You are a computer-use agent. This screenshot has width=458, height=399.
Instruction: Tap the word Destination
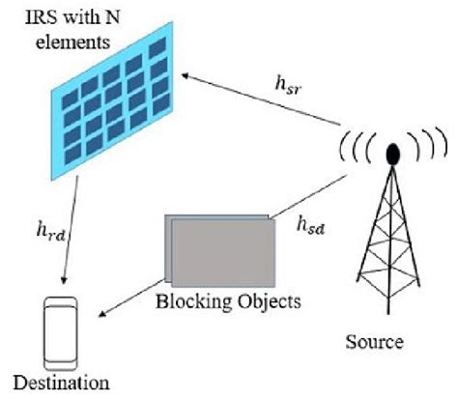pyautogui.click(x=56, y=382)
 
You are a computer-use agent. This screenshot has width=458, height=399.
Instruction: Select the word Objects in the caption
pyautogui.click(x=263, y=300)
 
